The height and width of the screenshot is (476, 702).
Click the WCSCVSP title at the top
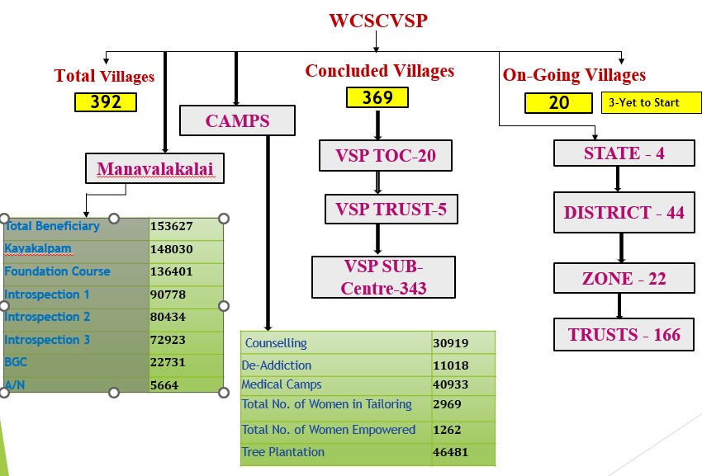point(378,21)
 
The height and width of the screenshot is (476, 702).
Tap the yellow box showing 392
point(105,101)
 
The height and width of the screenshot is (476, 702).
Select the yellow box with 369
point(377,97)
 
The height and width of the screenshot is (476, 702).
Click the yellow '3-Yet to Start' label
point(643,102)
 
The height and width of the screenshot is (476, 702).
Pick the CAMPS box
point(237,121)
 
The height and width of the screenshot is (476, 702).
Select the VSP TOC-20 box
point(385,155)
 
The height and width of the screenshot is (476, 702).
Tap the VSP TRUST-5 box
point(391,210)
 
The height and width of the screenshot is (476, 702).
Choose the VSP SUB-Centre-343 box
point(383,276)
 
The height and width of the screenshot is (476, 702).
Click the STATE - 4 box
point(624,153)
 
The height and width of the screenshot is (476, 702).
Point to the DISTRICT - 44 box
point(624,212)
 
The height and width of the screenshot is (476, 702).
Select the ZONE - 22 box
point(624,278)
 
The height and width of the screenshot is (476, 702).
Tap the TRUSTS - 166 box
point(624,334)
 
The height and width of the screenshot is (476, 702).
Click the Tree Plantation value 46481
point(451,453)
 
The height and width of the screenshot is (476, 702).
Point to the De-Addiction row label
point(277,365)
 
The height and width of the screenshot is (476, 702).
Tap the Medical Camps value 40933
point(451,384)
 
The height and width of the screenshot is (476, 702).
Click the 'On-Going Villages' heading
point(574,75)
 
